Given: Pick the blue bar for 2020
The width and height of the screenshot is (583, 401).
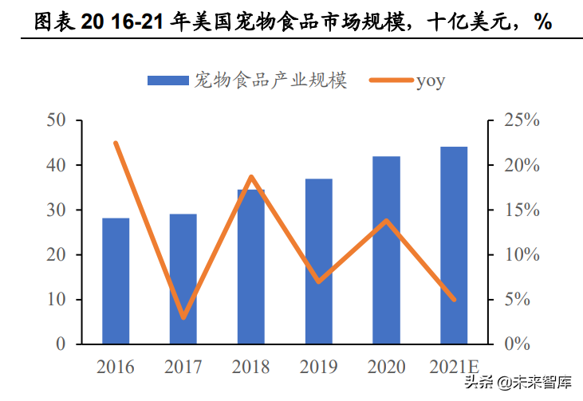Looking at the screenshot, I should pos(386,250).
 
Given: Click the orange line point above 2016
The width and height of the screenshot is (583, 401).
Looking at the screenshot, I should pos(116,143).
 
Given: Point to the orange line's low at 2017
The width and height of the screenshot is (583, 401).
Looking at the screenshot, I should pos(183,317).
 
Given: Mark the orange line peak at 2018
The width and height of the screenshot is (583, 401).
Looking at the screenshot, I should pos(251,177).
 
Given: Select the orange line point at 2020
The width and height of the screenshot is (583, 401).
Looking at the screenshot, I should pos(387,220).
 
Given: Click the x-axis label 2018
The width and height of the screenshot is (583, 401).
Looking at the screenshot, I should pos(251,368).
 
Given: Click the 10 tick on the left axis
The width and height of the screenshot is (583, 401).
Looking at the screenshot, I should pos(55,300).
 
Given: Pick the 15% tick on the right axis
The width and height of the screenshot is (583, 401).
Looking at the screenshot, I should pos(522,210).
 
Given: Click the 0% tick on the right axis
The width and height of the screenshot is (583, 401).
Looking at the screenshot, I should pos(522,344).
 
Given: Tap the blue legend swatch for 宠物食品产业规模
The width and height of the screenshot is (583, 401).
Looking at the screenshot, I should pos(167,81).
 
